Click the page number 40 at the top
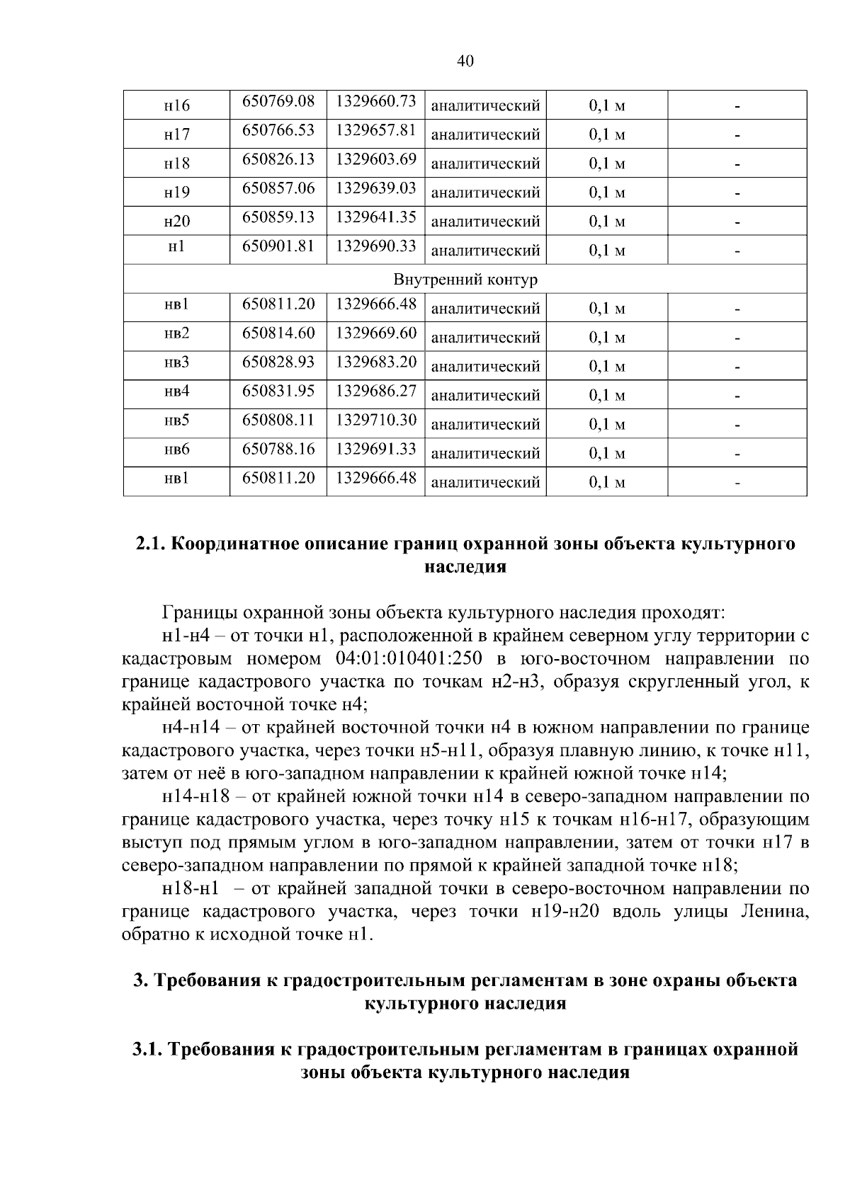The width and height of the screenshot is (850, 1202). (465, 62)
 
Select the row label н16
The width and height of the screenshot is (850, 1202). (176, 106)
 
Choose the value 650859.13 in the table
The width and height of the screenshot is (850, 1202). (278, 217)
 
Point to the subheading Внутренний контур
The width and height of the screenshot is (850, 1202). (465, 280)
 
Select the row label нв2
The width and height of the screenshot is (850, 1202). (176, 334)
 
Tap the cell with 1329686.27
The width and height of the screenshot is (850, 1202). (375, 391)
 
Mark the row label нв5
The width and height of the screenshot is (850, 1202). (176, 421)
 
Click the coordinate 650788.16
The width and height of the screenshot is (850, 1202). (278, 449)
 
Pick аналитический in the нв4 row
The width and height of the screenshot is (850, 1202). (485, 396)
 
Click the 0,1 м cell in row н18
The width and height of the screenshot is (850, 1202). (607, 164)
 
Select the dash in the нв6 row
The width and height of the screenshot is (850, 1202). (737, 454)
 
